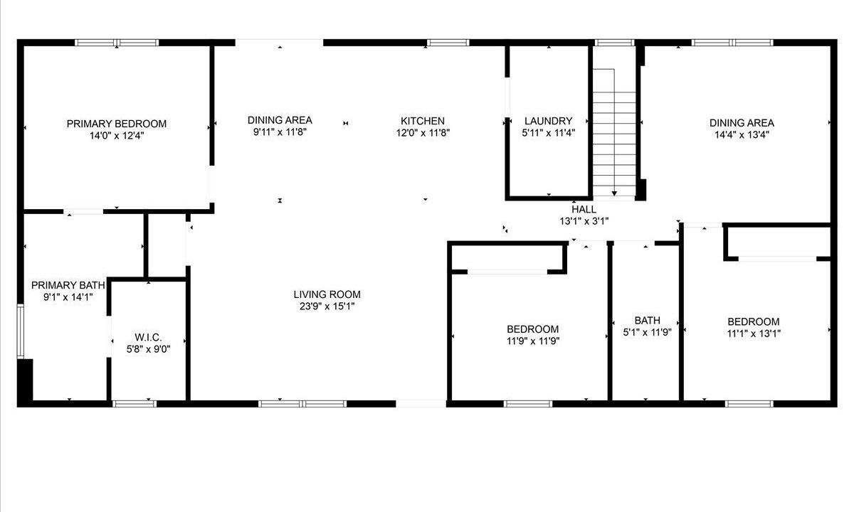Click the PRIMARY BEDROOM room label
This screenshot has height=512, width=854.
pyautogui.click(x=116, y=124)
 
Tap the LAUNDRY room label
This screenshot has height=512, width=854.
pyautogui.click(x=548, y=121)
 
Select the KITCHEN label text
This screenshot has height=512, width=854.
pyautogui.click(x=423, y=121)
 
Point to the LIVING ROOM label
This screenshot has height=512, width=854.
pyautogui.click(x=327, y=294)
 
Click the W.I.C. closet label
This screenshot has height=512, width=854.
pyautogui.click(x=148, y=337)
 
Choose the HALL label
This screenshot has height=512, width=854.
pyautogui.click(x=584, y=209)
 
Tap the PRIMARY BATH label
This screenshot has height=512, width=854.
pyautogui.click(x=68, y=285)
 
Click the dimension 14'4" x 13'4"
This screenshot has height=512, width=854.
pyautogui.click(x=742, y=135)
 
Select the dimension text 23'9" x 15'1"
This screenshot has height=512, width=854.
pyautogui.click(x=327, y=306)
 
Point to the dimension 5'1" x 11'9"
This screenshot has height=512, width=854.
pyautogui.click(x=647, y=333)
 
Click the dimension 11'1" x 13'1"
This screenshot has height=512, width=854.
pyautogui.click(x=754, y=334)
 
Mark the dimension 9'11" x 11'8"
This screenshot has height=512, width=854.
pyautogui.click(x=280, y=132)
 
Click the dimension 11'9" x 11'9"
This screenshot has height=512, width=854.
pyautogui.click(x=532, y=341)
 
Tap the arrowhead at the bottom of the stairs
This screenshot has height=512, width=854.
pyautogui.click(x=614, y=193)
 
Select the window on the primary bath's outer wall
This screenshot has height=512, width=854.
pyautogui.click(x=20, y=331)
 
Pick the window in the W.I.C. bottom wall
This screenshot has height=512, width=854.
pyautogui.click(x=135, y=404)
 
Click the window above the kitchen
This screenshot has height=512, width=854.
pyautogui.click(x=448, y=43)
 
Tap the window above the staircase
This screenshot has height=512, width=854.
pyautogui.click(x=614, y=43)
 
